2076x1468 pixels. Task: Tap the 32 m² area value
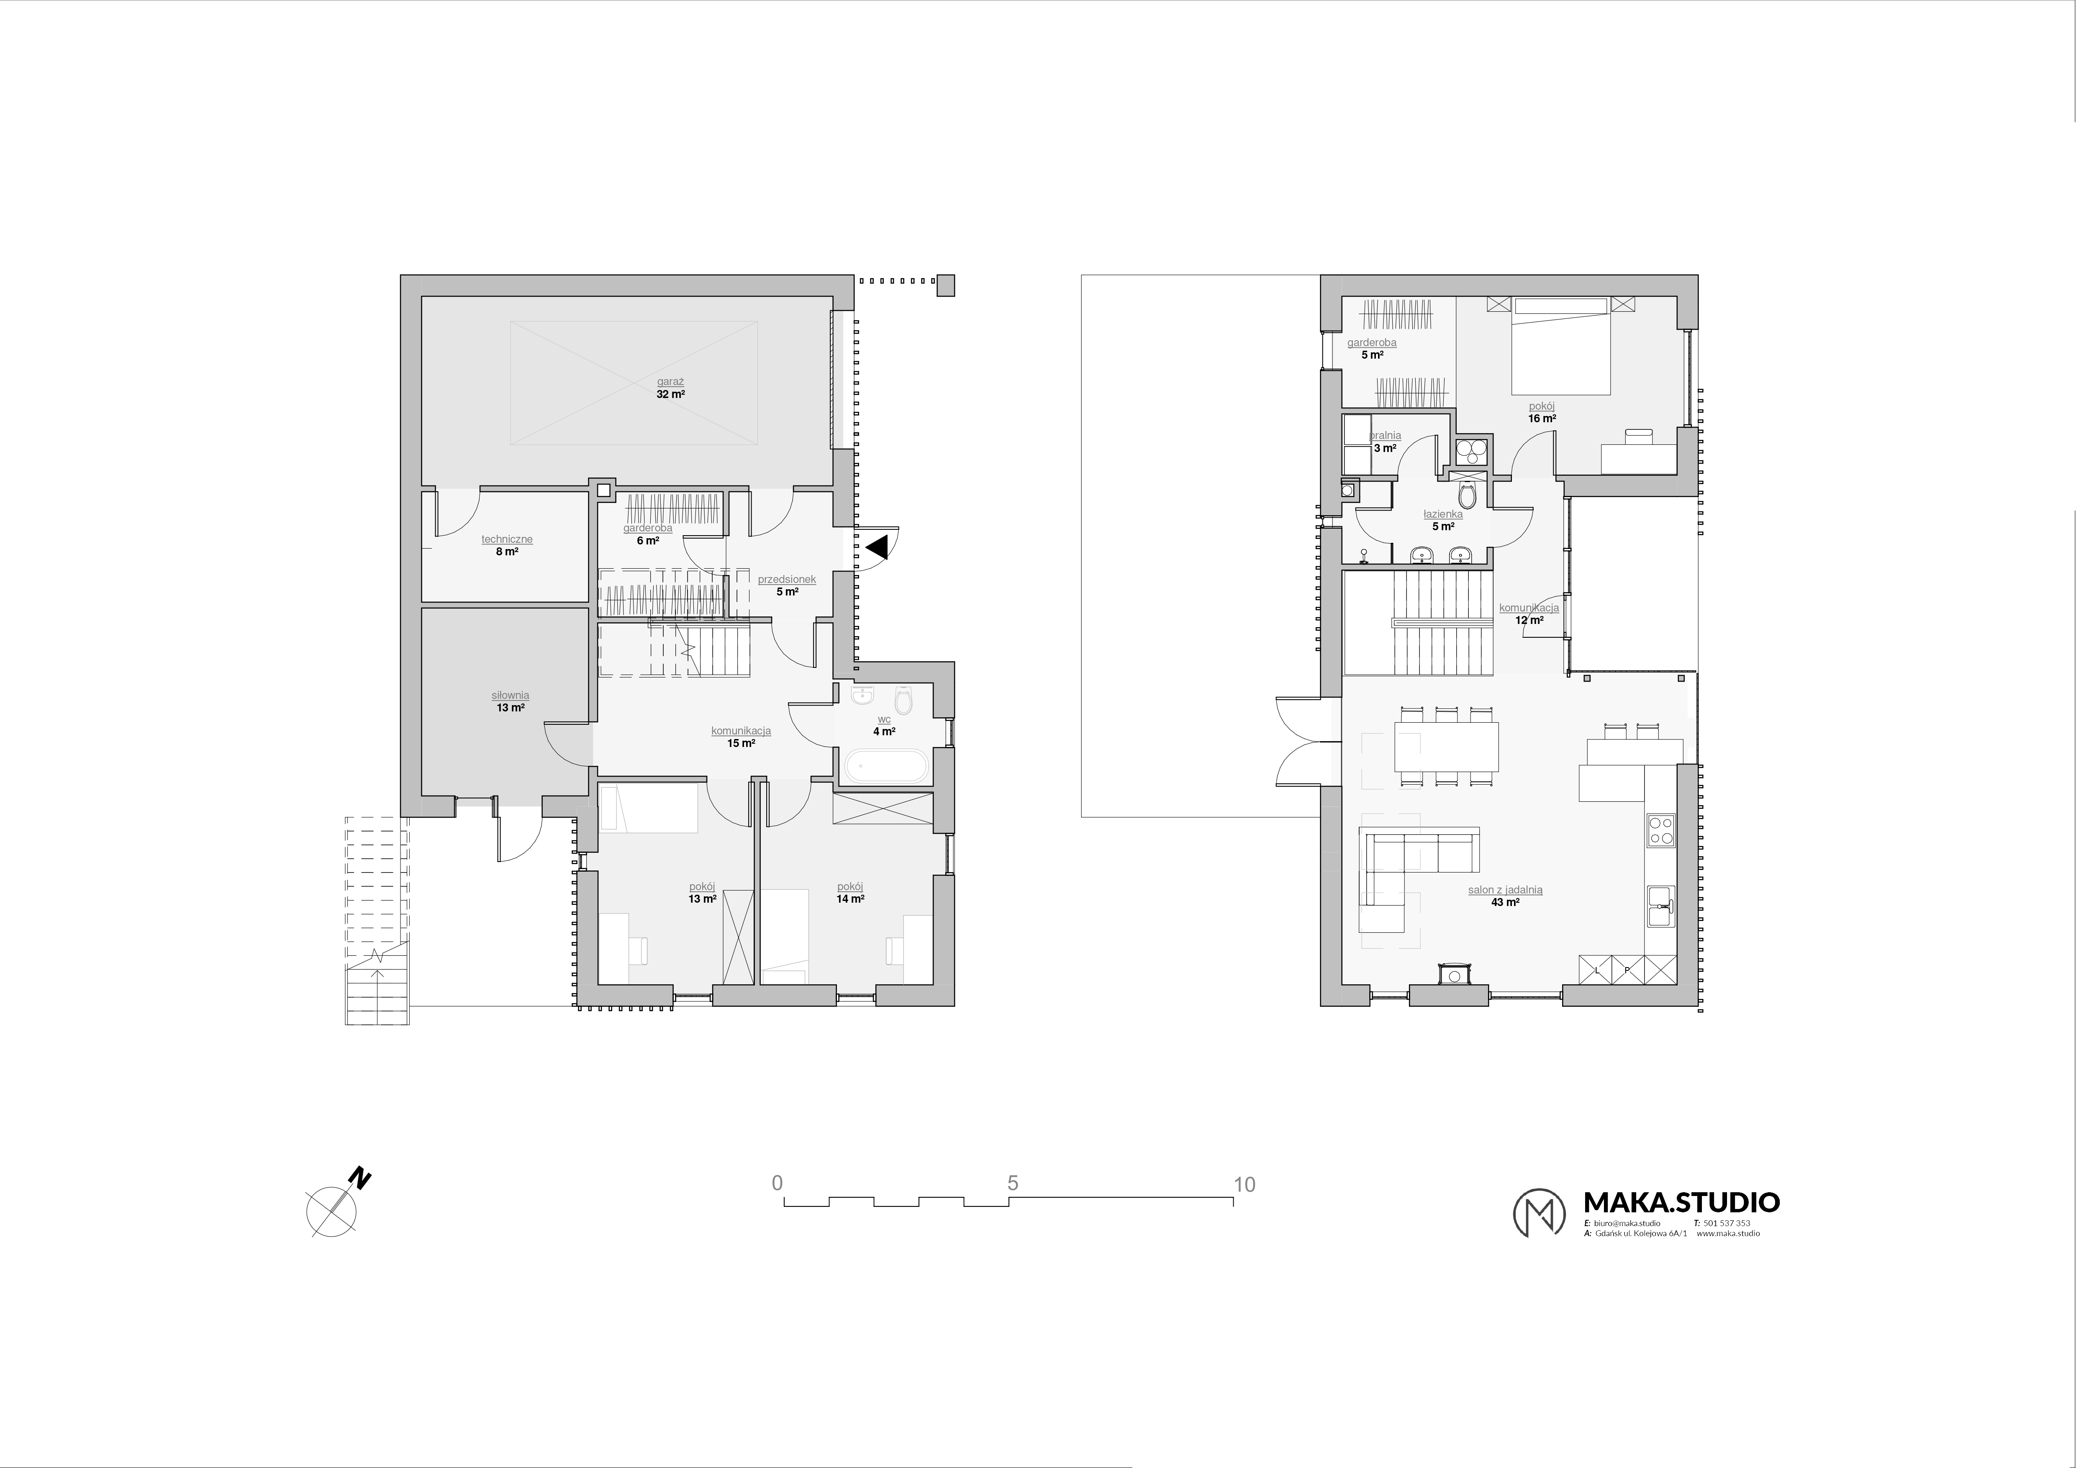tap(670, 394)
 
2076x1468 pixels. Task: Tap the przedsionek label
tap(787, 580)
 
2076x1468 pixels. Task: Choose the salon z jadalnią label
tap(1506, 890)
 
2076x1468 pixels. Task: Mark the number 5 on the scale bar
tap(1013, 1183)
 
